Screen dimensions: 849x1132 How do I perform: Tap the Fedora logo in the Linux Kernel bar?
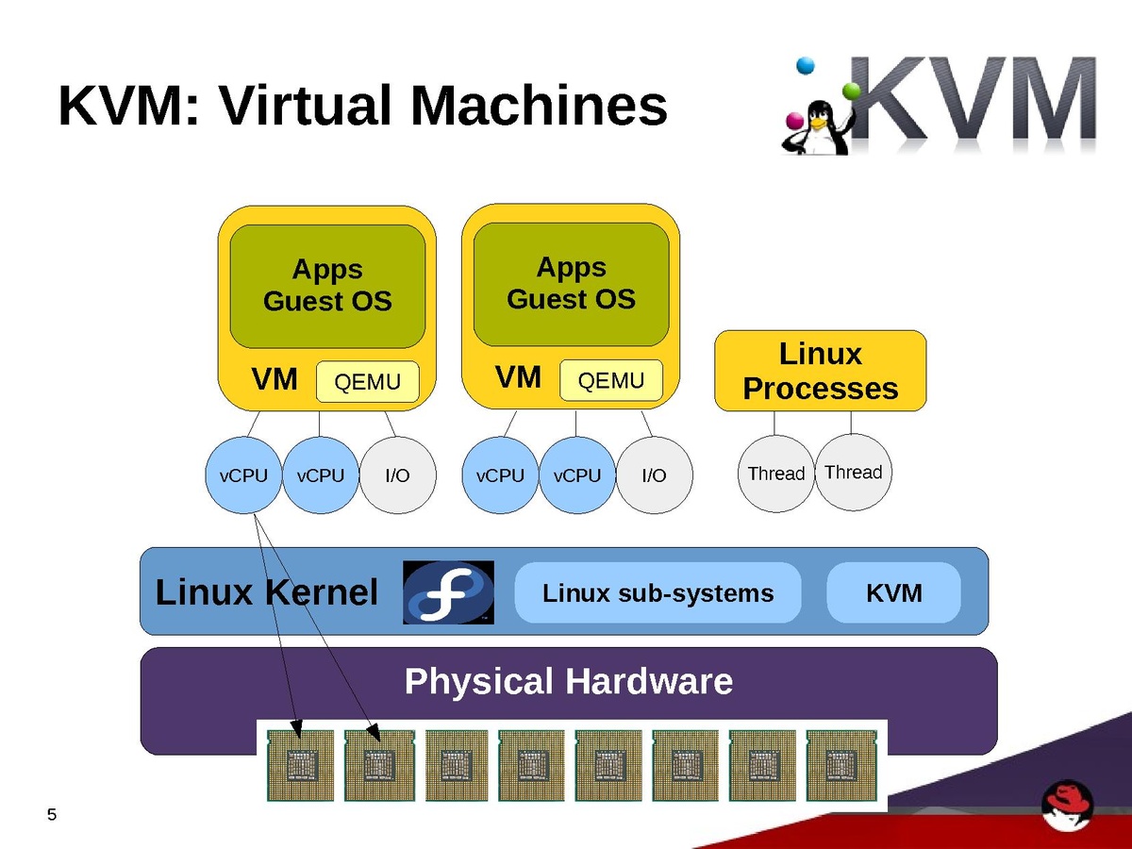click(x=448, y=592)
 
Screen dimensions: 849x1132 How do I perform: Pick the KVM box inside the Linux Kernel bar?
click(x=893, y=593)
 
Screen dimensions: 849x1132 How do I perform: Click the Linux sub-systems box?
click(x=658, y=593)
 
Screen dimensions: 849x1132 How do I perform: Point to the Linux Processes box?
click(x=820, y=371)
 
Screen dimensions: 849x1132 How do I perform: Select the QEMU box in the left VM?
click(x=367, y=382)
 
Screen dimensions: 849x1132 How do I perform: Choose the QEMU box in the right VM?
click(x=610, y=380)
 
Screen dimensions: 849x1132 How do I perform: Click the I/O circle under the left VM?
click(x=397, y=475)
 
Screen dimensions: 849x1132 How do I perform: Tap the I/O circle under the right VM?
click(x=654, y=475)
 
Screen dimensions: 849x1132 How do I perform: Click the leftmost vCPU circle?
click(x=243, y=475)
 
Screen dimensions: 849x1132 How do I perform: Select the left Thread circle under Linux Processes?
click(x=775, y=474)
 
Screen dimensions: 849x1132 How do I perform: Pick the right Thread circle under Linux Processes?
click(x=853, y=472)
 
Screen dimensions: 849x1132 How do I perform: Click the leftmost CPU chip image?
click(x=300, y=765)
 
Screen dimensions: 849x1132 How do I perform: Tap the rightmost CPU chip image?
click(x=840, y=765)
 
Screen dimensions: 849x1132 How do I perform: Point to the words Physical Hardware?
click(x=568, y=681)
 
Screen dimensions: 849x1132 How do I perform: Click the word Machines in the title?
click(x=539, y=106)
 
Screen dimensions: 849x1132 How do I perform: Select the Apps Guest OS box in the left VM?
click(x=327, y=286)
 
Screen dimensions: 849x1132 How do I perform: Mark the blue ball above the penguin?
click(x=805, y=65)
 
